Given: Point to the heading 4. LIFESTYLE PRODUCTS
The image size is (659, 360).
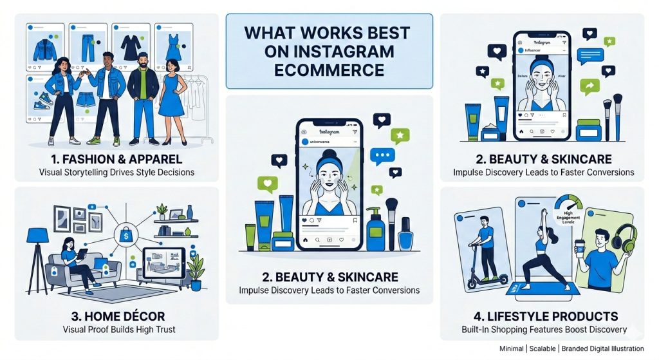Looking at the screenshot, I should tap(544, 316).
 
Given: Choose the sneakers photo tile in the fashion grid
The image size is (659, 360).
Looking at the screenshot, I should tap(43, 99).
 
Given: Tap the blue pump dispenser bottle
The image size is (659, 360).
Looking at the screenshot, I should tap(376, 230).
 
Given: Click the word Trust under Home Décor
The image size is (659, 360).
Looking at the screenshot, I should tap(163, 330).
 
